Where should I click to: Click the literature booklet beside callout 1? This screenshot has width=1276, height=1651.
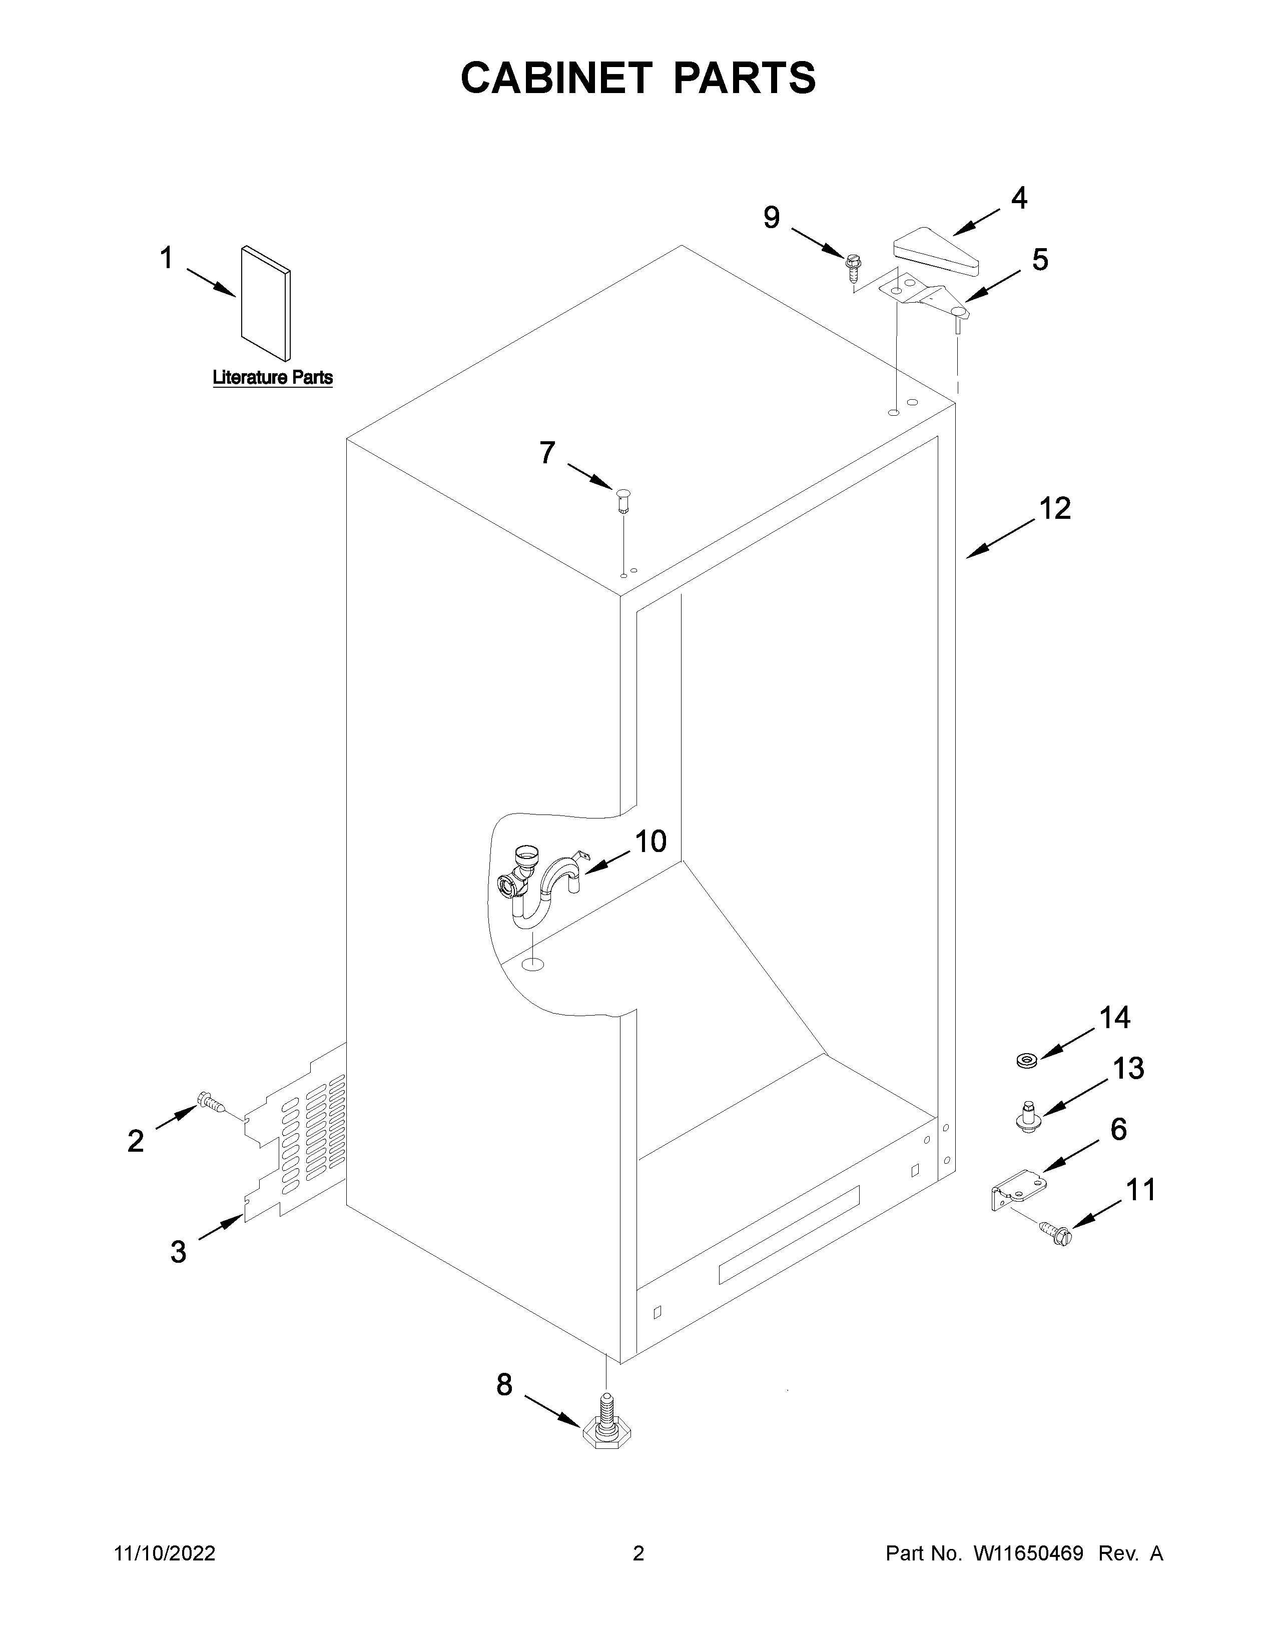pos(265,303)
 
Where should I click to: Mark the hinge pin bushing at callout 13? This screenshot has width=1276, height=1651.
pos(1025,1118)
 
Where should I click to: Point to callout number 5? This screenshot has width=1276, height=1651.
pos(1040,260)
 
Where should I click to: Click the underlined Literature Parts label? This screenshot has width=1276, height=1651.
pos(272,377)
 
